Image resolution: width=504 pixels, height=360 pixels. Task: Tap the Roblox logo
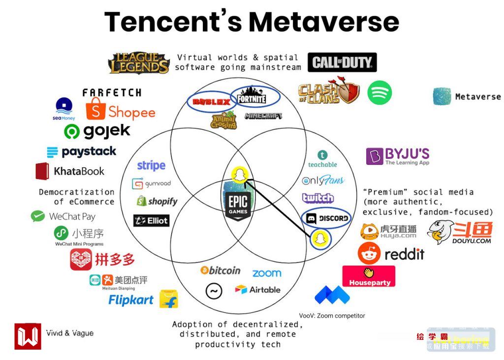211,102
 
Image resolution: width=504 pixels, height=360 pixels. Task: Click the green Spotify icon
379,92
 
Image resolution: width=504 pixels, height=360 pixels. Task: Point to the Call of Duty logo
342,62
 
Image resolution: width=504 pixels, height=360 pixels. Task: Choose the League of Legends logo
139,63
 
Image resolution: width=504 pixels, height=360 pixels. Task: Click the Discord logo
327,218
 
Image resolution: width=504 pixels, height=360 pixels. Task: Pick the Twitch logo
318,198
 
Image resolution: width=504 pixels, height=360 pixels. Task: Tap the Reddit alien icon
369,253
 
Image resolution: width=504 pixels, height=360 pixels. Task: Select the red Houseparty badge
369,276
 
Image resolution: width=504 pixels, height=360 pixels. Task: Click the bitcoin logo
220,270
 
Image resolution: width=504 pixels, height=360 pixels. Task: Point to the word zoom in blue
267,273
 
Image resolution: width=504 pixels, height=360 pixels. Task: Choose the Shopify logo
157,201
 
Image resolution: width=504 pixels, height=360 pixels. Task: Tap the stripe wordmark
151,165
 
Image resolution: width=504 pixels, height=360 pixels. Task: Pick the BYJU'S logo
398,156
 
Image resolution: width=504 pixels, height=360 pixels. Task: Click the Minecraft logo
263,116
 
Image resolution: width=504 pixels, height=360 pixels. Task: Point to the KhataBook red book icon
42,171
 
